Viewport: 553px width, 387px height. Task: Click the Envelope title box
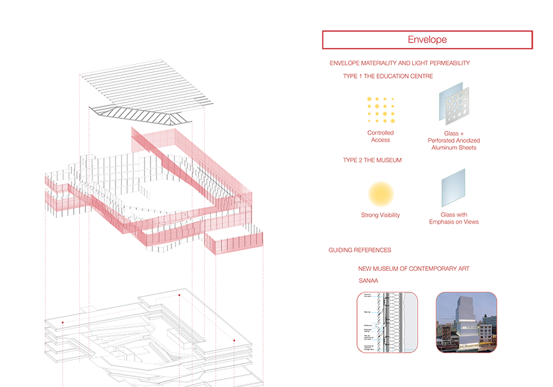point(427,40)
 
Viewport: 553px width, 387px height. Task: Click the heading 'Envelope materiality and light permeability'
point(399,63)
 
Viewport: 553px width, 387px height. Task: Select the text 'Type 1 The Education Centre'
point(388,76)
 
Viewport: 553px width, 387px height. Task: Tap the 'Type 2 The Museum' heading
point(372,160)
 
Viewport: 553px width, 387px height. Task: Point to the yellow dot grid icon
point(380,110)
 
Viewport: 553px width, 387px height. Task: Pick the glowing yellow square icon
point(381,193)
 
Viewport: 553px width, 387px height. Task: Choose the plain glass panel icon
point(453,189)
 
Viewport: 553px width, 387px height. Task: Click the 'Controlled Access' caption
point(380,136)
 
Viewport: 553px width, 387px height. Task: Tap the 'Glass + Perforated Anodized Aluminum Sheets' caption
point(453,140)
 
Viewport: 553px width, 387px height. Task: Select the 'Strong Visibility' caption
point(380,215)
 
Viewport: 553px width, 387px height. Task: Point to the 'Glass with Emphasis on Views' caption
point(453,218)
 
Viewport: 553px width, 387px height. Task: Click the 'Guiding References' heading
point(359,250)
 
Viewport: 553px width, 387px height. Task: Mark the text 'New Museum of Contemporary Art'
point(414,268)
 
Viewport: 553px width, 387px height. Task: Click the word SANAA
point(368,281)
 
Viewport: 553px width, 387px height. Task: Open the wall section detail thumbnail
point(387,322)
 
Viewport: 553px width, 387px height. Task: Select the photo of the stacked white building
point(466,322)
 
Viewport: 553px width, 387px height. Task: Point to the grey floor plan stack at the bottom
point(147,335)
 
